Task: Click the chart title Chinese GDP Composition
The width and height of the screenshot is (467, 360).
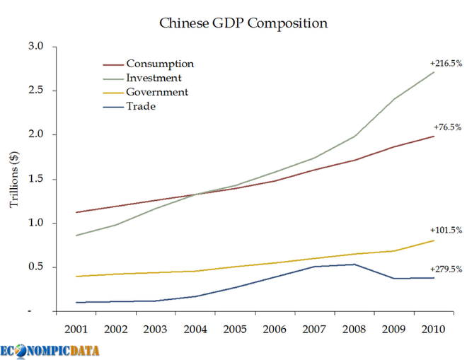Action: coord(243,23)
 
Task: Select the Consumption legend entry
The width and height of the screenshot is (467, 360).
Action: coord(159,64)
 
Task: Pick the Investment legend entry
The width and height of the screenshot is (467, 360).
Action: coord(154,79)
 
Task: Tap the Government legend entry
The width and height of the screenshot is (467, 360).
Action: coord(157,93)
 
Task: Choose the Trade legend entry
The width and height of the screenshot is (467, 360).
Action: coord(140,107)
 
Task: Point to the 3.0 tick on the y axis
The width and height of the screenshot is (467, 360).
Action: coord(36,47)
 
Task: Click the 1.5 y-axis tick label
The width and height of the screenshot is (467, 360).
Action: coord(36,179)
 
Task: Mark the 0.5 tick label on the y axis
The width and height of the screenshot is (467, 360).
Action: coord(36,267)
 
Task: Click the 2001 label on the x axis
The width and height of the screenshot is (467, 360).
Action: coord(76,330)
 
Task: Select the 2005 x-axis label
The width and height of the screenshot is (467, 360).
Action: coord(235,330)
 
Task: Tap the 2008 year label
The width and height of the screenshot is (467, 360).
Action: coord(354,330)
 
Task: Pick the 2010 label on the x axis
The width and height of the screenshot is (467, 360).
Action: coord(434,330)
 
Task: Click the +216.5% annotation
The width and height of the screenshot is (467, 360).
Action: coord(446,63)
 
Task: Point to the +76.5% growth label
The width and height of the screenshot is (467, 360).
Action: coord(447,127)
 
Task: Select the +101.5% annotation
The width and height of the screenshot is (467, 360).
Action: coord(446,231)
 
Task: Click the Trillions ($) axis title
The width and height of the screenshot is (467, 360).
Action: coord(14,180)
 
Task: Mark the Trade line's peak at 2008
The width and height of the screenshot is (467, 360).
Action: coord(354,265)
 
